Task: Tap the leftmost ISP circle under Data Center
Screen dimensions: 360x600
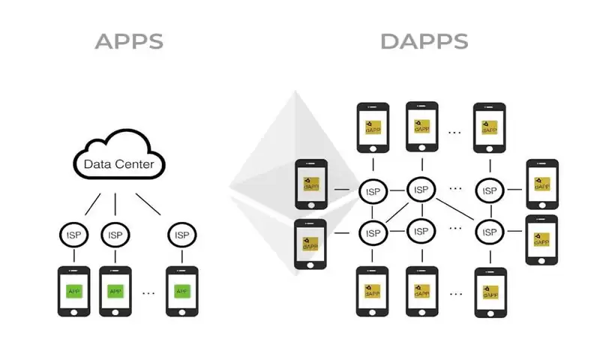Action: (73, 234)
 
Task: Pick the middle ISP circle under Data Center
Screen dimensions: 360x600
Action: (115, 234)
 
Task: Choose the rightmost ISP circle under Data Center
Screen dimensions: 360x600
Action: (181, 234)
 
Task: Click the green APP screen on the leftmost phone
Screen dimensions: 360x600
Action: (73, 290)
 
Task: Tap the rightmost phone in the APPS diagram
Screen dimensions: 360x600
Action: (181, 291)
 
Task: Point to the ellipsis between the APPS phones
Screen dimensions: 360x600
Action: (148, 292)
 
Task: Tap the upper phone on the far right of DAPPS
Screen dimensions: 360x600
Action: (542, 184)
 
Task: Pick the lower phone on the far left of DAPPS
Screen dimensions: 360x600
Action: (310, 244)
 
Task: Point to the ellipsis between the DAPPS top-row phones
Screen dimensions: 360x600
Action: (454, 132)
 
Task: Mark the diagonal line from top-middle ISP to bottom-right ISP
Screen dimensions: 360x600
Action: (455, 209)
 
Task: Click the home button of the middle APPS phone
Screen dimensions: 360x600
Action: (115, 309)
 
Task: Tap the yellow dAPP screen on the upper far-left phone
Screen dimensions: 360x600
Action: (310, 183)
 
